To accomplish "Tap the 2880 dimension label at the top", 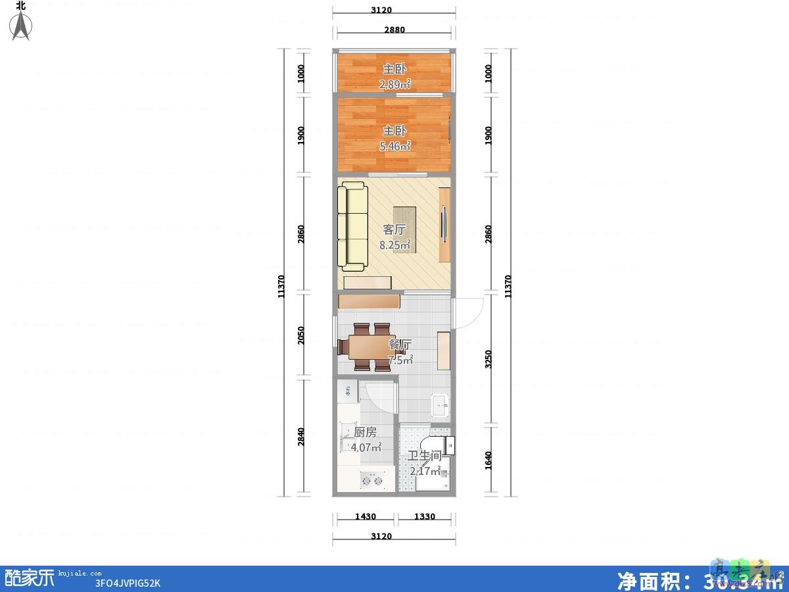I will click(394, 30).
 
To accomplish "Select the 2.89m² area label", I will click(394, 84).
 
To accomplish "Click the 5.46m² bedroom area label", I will click(394, 146).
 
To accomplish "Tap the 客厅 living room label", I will click(394, 230).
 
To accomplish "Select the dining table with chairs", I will click(372, 347).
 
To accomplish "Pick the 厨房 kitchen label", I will click(365, 432).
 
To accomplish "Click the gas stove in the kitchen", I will click(372, 480).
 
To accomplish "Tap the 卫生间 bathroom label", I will click(423, 456).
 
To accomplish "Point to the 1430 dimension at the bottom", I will click(365, 516).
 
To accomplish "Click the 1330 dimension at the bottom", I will click(425, 516).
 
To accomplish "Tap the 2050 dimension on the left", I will click(301, 336).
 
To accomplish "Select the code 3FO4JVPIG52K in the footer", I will click(128, 583).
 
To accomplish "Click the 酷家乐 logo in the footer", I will click(30, 578).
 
